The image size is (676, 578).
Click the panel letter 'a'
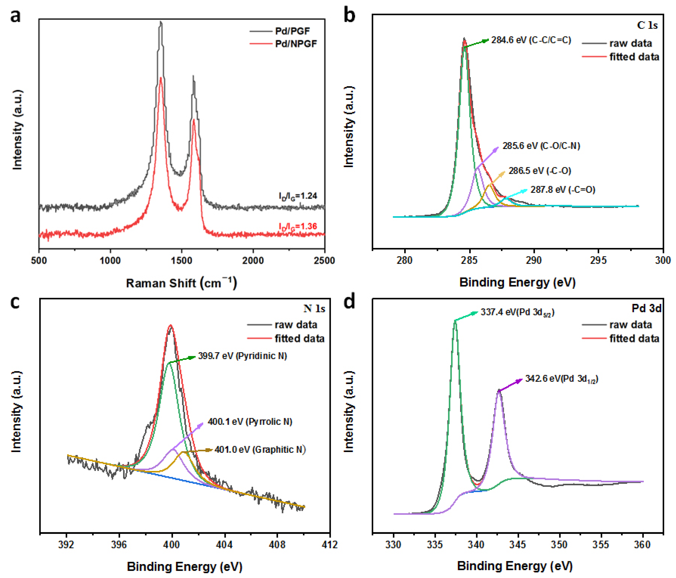point(15,16)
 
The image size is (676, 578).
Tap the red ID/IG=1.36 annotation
point(298,226)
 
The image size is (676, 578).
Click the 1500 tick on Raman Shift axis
point(181,260)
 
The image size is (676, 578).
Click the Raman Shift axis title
point(181,283)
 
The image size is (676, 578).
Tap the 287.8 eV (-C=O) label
point(563,190)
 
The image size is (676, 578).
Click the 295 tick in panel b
point(598,260)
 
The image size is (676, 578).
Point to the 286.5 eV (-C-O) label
point(540,171)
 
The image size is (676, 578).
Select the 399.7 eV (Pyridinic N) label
point(242,356)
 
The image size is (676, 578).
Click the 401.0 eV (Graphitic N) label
point(260,450)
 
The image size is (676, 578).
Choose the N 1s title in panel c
point(314,308)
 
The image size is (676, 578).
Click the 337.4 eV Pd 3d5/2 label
point(517,312)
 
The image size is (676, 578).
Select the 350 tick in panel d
point(560,544)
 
